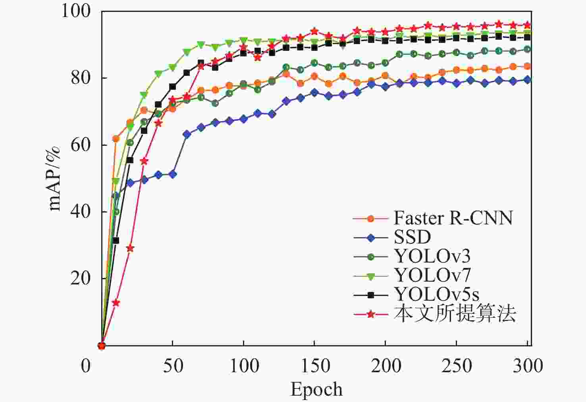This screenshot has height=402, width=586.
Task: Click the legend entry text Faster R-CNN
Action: [x=453, y=218]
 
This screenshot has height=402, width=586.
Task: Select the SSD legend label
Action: [x=412, y=238]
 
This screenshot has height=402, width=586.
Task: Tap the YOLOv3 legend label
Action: [x=432, y=256]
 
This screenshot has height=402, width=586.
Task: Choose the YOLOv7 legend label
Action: [x=432, y=275]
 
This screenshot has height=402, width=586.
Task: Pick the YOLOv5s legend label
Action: [x=436, y=294]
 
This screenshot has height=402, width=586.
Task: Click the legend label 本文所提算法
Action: [x=455, y=314]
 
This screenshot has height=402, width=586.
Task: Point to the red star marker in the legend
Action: [x=370, y=314]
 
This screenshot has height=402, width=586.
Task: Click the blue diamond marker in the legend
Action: [x=370, y=238]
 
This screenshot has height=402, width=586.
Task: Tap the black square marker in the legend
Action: [x=370, y=295]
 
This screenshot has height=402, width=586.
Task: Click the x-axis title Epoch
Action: [x=316, y=389]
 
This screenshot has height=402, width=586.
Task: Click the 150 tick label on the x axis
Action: [x=314, y=365]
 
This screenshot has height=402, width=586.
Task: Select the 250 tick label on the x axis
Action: [x=457, y=365]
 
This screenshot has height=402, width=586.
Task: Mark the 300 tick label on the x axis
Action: [x=527, y=365]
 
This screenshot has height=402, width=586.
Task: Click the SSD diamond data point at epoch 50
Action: [x=172, y=174]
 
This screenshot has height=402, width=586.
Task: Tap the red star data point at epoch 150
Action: [x=314, y=31]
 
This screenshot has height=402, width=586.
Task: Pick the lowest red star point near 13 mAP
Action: [x=116, y=303]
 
